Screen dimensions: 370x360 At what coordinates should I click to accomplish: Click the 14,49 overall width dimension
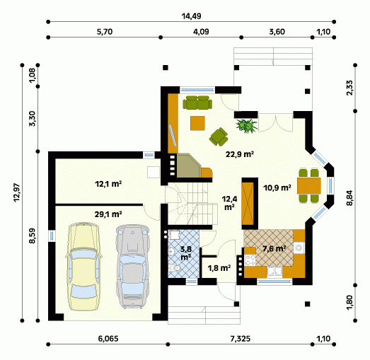click(x=191, y=16)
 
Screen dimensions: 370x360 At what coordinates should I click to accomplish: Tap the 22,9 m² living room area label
click(x=240, y=154)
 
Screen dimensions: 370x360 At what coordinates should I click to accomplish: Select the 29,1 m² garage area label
click(x=108, y=214)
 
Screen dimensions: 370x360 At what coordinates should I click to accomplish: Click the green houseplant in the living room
click(x=247, y=125)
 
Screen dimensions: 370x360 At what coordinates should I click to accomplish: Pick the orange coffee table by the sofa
click(x=197, y=123)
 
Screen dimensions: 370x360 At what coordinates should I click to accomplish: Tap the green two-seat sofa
click(x=197, y=103)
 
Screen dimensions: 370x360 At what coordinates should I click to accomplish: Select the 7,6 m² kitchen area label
click(x=274, y=248)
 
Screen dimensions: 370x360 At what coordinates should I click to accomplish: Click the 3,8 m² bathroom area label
click(x=186, y=253)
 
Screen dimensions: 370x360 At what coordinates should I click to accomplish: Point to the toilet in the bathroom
click(x=174, y=268)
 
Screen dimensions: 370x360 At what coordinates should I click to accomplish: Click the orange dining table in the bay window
click(x=309, y=186)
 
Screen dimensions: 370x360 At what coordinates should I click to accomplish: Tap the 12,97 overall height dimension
click(x=18, y=193)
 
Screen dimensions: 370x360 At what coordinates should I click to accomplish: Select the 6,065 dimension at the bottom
click(x=108, y=339)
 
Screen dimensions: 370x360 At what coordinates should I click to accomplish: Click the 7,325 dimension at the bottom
click(x=241, y=339)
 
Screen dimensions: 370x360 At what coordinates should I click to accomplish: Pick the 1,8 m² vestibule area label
click(x=219, y=268)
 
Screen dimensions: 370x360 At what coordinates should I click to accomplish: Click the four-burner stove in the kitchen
click(x=250, y=260)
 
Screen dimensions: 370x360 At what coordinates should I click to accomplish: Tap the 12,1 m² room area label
click(x=108, y=184)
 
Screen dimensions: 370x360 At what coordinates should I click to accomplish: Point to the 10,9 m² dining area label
click(x=277, y=188)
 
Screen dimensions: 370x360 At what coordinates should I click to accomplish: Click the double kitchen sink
click(x=274, y=271)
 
